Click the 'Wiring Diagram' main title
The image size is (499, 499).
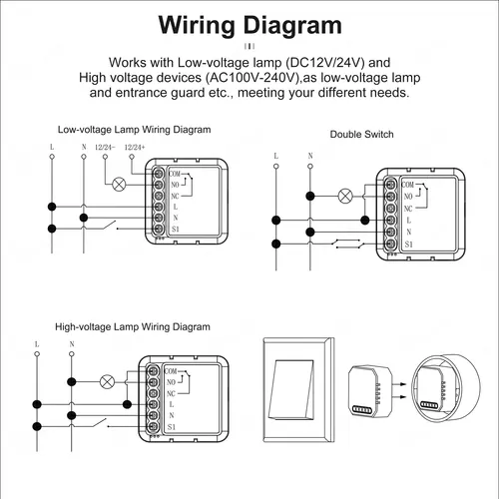249,25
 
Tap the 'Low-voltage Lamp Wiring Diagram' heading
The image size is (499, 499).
134,129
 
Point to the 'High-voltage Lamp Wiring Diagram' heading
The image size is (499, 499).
133,326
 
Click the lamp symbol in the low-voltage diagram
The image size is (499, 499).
120,184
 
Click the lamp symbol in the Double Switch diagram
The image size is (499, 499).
346,195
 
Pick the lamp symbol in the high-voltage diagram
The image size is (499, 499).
107,381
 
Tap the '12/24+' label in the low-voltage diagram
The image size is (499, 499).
134,148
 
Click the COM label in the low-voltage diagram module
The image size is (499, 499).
175,174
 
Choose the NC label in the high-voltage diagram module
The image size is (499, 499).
172,393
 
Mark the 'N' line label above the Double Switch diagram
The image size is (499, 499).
310,155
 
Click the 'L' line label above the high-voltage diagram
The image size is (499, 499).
37,344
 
